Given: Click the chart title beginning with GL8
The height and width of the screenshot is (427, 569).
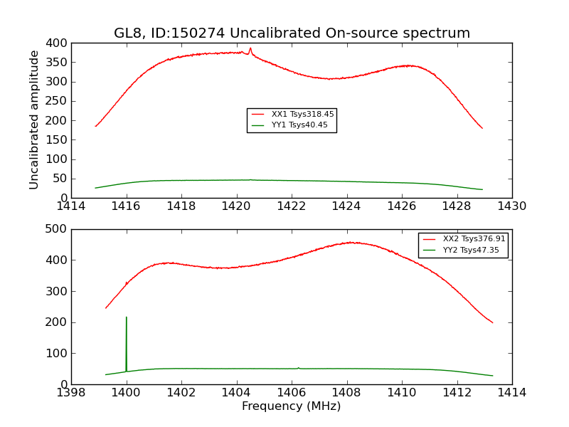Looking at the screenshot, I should (292, 33).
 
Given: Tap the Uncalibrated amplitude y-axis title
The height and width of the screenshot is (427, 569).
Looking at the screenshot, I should (34, 120).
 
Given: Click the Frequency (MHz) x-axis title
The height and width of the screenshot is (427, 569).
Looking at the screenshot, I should (291, 406).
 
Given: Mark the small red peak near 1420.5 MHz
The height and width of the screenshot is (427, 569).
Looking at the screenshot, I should (250, 48).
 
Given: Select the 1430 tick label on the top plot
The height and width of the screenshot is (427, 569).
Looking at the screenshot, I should (511, 206).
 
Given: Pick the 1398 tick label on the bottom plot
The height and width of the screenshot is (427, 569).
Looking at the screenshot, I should (71, 393).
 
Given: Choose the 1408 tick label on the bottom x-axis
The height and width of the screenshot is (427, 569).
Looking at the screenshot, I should (346, 393).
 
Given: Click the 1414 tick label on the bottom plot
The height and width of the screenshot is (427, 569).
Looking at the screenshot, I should (511, 393).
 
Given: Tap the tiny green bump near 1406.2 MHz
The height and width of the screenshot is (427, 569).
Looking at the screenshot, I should (298, 368).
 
